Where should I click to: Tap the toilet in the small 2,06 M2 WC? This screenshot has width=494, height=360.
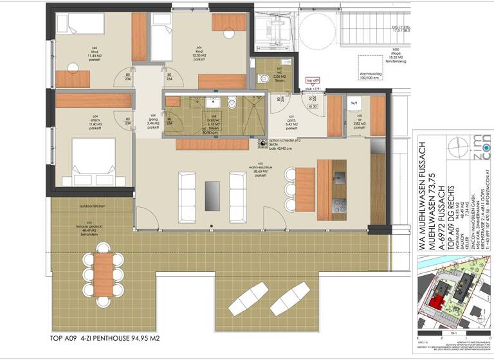tap(263, 78)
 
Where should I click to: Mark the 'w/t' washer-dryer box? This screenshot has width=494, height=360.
tap(354, 104)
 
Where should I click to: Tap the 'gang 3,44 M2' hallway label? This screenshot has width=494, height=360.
tap(153, 122)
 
